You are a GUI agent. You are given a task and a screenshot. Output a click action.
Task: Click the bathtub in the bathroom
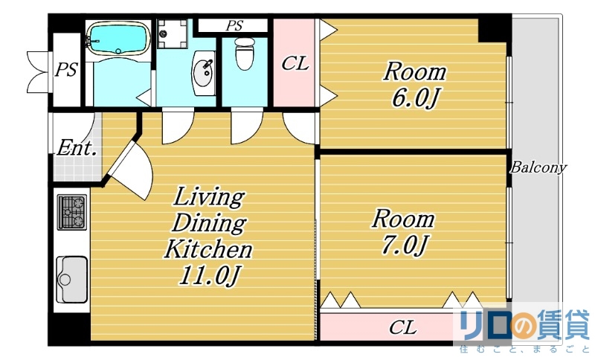118,39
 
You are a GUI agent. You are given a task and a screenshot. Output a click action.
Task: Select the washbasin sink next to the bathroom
203,73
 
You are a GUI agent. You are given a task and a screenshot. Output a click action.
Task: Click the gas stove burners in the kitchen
72,212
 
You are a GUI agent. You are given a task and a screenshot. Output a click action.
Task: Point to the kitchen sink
72,279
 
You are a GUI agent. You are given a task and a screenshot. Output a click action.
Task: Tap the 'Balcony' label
538,167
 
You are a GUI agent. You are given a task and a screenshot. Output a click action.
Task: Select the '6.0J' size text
415,99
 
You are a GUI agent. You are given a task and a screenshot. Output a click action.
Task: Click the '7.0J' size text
404,245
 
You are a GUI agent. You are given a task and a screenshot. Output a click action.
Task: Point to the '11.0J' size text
210,276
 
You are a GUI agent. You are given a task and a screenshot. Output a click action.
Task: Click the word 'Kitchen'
208,249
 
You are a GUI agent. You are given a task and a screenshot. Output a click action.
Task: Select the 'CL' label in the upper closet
295,63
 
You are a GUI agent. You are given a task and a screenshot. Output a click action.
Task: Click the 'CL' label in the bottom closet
402,327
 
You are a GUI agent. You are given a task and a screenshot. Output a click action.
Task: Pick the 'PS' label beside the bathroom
66,70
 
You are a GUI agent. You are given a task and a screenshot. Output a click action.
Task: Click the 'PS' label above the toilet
234,26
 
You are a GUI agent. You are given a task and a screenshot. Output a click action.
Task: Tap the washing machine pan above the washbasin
173,33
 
